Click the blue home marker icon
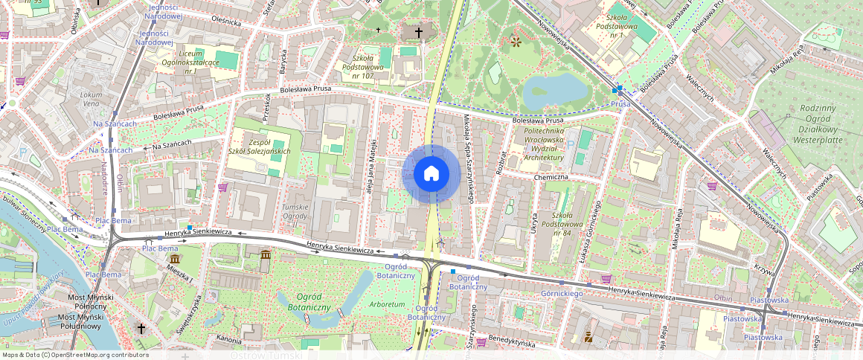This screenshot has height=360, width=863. click(x=431, y=174)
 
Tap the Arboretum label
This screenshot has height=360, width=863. click(x=387, y=304)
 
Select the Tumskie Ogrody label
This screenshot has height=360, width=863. click(x=295, y=211)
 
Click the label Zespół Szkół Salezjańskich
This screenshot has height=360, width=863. click(x=259, y=146)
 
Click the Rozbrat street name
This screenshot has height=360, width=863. click(x=504, y=162)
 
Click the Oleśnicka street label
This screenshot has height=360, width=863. click(x=226, y=22)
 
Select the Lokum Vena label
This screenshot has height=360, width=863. click(x=91, y=99)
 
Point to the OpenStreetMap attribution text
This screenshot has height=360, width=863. click(x=75, y=355)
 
